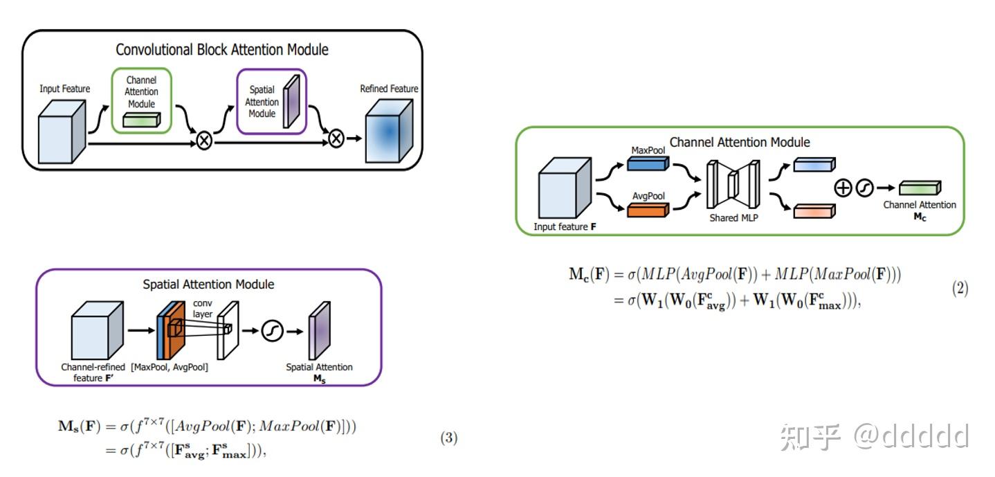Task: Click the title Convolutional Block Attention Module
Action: (221, 50)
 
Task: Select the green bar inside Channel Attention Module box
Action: (142, 120)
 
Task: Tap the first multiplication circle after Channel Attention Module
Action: (205, 141)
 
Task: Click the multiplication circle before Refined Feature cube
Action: (336, 138)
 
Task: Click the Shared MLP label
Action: (733, 218)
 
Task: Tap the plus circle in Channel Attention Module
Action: (843, 188)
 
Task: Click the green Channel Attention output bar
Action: (920, 188)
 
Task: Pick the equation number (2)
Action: (959, 289)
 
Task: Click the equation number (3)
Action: (448, 438)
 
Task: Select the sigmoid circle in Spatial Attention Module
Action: (273, 332)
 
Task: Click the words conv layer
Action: (202, 308)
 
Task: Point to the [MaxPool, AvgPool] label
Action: (170, 367)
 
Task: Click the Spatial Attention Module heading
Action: (208, 285)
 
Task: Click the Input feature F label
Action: (565, 227)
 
